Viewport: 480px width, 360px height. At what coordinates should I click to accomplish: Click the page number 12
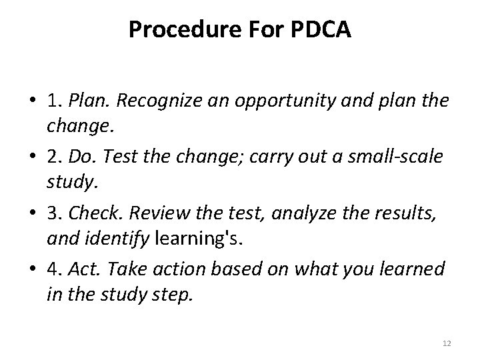[x=447, y=343]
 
